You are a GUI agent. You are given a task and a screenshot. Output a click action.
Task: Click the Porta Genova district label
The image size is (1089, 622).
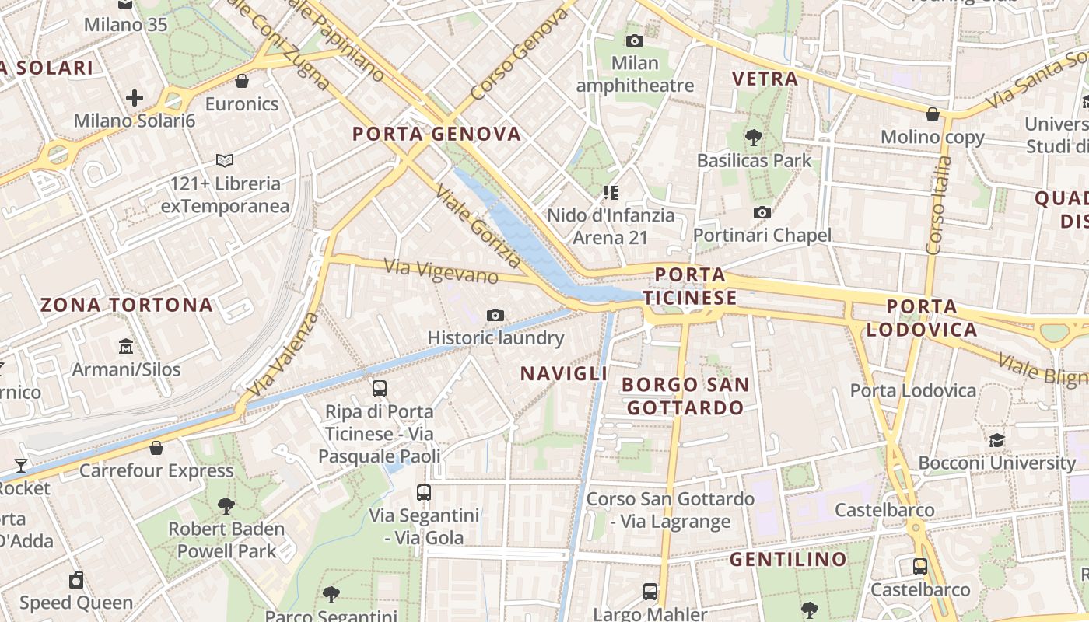(436, 134)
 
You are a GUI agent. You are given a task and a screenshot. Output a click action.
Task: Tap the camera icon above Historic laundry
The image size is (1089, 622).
(495, 315)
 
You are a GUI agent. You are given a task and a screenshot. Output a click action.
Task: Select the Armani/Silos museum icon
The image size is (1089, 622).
(126, 346)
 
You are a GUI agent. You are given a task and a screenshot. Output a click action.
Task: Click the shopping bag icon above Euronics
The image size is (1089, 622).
(242, 81)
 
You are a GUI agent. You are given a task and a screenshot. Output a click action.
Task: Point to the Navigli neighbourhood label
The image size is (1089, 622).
(563, 374)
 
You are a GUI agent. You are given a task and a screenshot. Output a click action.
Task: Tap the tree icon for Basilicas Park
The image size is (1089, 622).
(752, 138)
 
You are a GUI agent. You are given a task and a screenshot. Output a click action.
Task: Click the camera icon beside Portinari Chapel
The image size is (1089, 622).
(762, 212)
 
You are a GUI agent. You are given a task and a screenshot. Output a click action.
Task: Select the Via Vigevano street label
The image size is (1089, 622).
(441, 271)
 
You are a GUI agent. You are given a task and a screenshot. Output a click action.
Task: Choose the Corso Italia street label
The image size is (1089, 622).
(940, 206)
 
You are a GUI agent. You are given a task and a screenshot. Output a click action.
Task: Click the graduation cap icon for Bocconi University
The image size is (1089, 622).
(996, 440)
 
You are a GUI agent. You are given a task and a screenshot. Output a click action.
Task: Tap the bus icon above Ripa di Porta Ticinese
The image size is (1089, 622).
(380, 388)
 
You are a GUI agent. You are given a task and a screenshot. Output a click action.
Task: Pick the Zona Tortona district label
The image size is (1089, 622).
(126, 305)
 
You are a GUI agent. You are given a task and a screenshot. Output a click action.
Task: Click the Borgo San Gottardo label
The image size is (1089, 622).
(685, 396)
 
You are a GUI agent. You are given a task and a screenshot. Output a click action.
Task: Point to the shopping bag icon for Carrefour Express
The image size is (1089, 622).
(156, 448)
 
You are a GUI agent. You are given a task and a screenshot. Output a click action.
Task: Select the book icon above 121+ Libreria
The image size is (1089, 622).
(225, 160)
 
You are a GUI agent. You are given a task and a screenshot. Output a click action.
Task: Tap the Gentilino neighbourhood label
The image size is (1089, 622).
(788, 559)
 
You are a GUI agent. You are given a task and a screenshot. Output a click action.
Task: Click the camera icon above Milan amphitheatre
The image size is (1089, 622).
(635, 40)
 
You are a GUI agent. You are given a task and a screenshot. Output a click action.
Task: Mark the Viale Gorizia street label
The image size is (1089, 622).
(478, 225)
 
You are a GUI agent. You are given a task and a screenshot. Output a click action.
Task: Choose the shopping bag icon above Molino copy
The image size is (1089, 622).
(932, 114)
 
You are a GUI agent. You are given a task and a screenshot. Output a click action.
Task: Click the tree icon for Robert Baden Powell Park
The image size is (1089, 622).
(226, 506)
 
